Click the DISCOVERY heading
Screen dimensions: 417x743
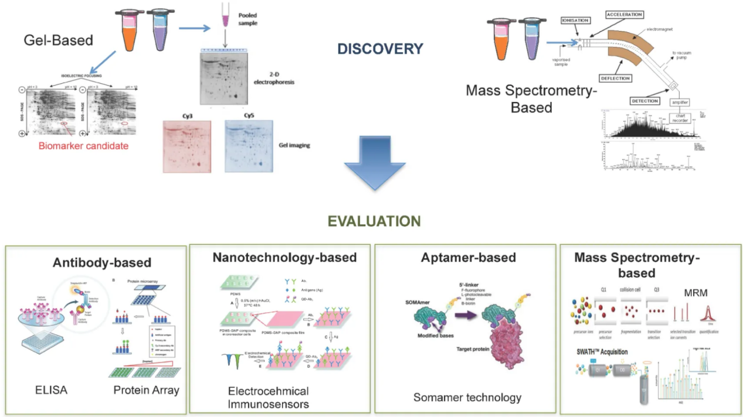click(380, 49)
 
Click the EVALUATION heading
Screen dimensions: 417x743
click(374, 221)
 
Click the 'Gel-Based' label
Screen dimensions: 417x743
click(58, 40)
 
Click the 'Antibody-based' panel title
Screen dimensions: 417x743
click(102, 262)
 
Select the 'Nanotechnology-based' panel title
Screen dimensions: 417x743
click(284, 258)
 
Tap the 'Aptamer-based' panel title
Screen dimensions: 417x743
click(468, 258)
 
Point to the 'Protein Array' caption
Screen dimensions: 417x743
click(146, 391)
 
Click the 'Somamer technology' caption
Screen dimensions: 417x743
click(467, 398)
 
